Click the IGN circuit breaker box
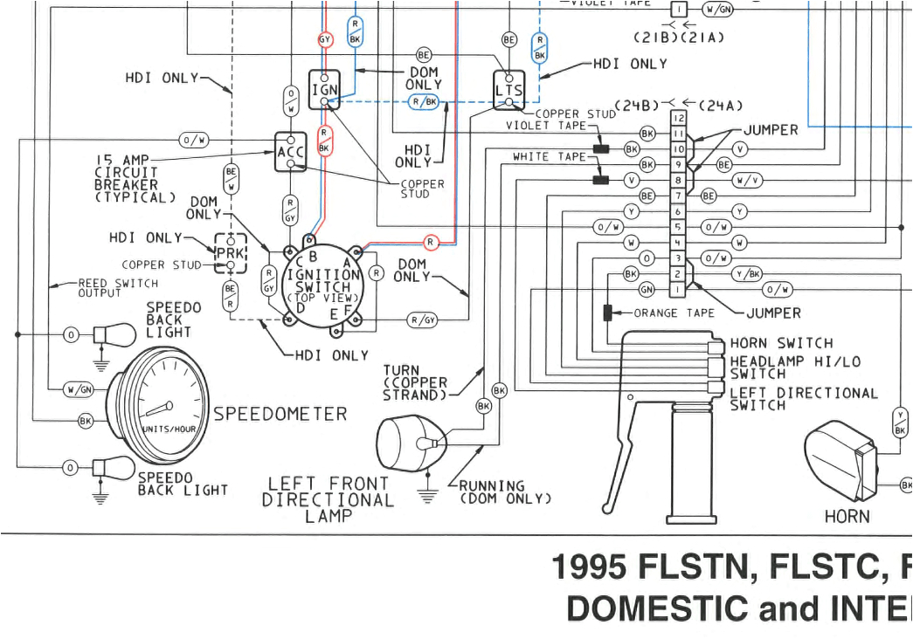pyautogui.click(x=323, y=90)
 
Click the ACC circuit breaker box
pyautogui.click(x=290, y=151)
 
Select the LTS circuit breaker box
pyautogui.click(x=508, y=90)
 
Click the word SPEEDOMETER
pyautogui.click(x=280, y=414)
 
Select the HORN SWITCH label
pyautogui.click(x=781, y=344)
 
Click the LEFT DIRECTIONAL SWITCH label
pyautogui.click(x=803, y=399)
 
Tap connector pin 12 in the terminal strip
pyautogui.click(x=677, y=118)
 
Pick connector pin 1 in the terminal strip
pyautogui.click(x=677, y=288)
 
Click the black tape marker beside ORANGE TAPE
pyautogui.click(x=608, y=313)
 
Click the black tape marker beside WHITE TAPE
pyautogui.click(x=600, y=181)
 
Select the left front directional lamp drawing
pyautogui.click(x=410, y=443)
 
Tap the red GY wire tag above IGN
pyautogui.click(x=325, y=39)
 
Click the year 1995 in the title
pyautogui.click(x=590, y=568)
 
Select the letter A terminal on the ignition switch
pyautogui.click(x=347, y=260)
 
